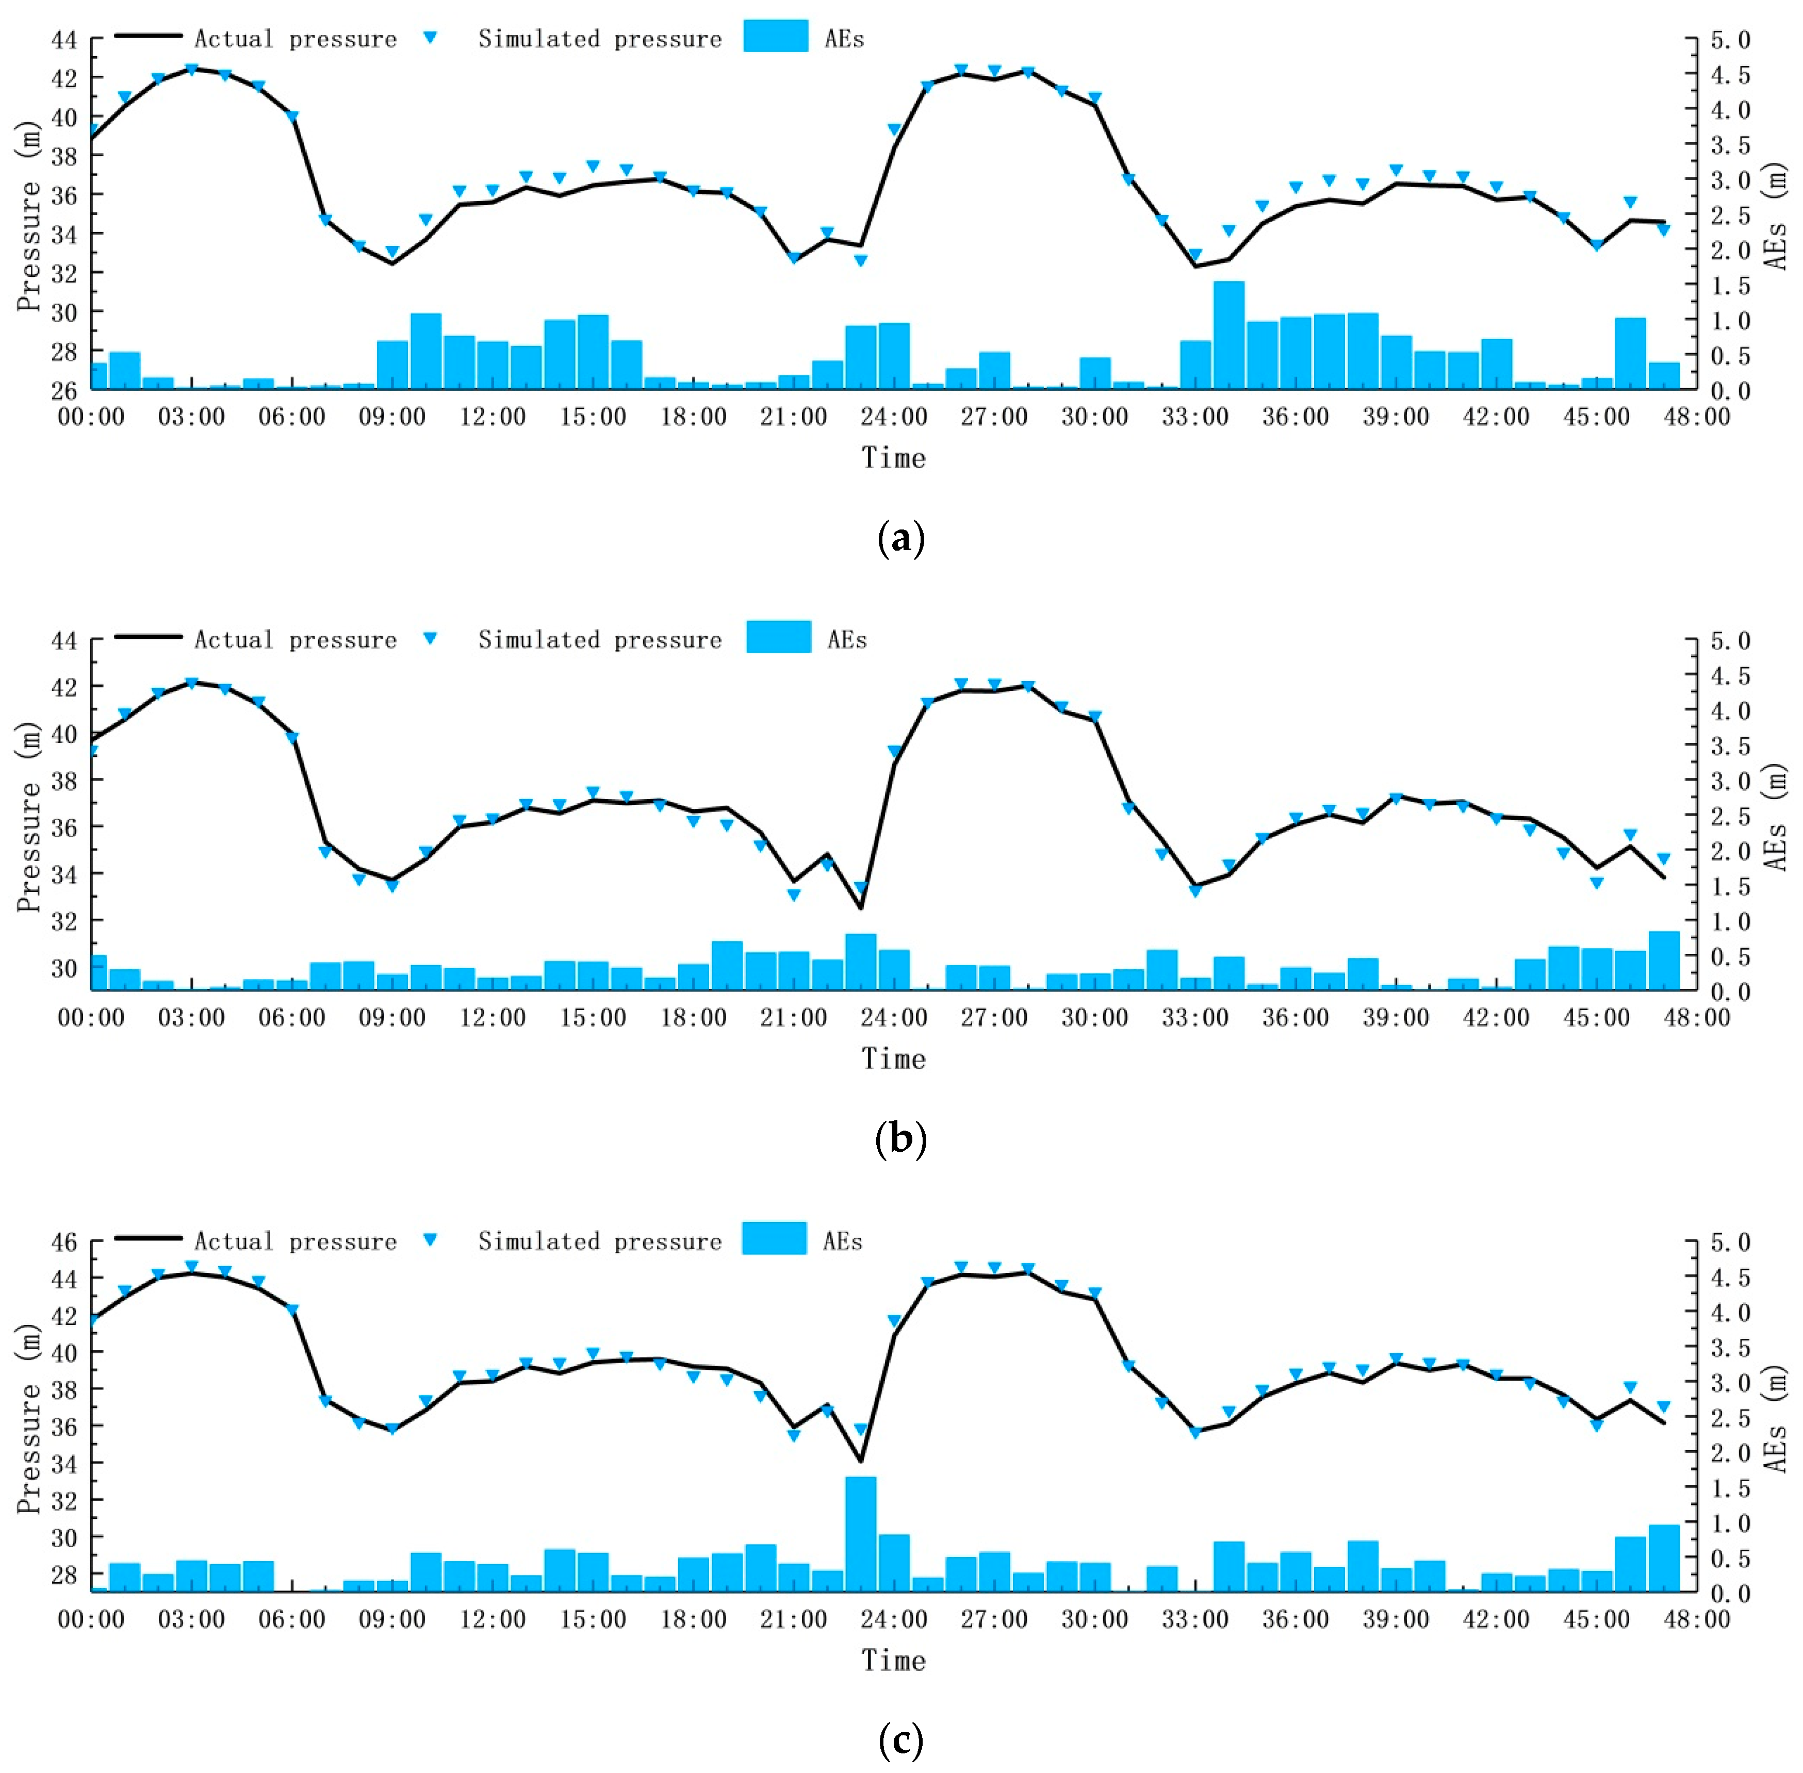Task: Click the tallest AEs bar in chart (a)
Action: point(1228,335)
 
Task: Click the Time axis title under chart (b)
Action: point(893,1059)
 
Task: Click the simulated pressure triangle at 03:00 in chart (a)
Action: point(192,69)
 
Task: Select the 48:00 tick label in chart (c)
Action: point(1697,1620)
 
